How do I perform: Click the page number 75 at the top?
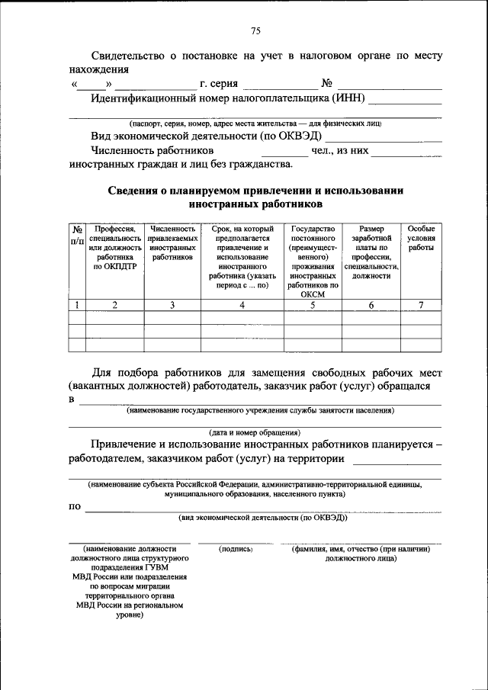[255, 30]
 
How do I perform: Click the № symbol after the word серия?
[326, 84]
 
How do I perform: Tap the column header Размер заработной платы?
[371, 252]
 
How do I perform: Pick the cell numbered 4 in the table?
[242, 305]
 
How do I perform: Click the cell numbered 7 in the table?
[420, 305]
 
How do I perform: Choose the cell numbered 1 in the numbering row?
[77, 305]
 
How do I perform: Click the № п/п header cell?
[77, 234]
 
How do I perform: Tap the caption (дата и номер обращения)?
[255, 432]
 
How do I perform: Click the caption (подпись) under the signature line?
[235, 549]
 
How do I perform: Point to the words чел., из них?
[340, 151]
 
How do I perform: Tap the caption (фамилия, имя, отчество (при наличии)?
[360, 549]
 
